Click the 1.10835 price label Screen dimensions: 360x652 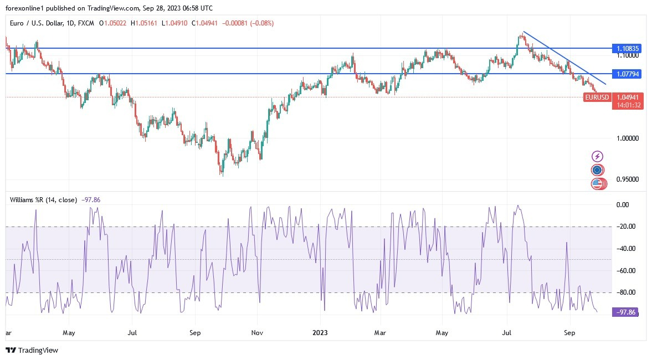[628, 49]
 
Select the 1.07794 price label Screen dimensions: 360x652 [628, 74]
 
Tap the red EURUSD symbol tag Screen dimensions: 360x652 [597, 97]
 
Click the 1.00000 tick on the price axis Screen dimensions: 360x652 [628, 138]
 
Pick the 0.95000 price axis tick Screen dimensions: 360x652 [628, 179]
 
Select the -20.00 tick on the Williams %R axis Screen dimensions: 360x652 [627, 227]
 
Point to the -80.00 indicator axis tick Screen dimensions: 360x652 [627, 292]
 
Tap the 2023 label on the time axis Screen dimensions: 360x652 [320, 333]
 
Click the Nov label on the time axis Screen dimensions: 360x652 [257, 333]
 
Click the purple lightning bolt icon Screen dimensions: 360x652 [597, 157]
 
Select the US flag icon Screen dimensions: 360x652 [597, 184]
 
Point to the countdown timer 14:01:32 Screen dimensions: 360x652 [628, 105]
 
